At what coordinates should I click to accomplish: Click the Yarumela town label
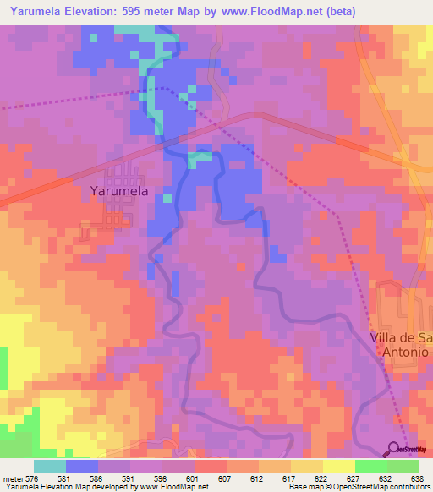click(119, 191)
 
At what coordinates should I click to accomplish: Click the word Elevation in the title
click(100, 12)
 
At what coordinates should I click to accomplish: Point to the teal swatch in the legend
click(50, 466)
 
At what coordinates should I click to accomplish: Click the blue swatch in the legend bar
click(82, 466)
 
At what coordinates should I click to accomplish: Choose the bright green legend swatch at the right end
click(403, 466)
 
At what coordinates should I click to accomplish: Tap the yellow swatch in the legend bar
click(339, 466)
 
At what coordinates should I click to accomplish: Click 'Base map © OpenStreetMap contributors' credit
click(359, 487)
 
